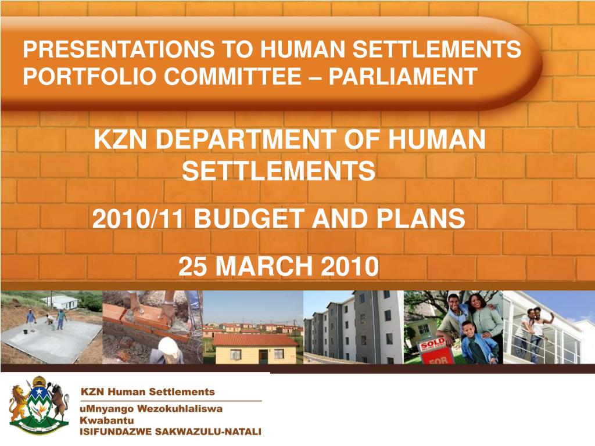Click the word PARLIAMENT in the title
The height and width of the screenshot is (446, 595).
click(x=402, y=76)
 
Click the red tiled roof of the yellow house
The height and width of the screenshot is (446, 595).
click(x=256, y=340)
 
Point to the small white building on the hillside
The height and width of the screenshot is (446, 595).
click(x=60, y=302)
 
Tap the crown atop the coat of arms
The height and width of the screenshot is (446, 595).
click(x=39, y=380)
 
